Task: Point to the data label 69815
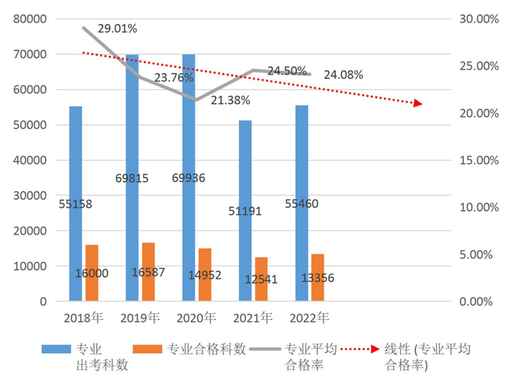pyautogui.click(x=137, y=178)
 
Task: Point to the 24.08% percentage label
pyautogui.click(x=344, y=74)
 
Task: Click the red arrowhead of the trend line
pyautogui.click(x=418, y=103)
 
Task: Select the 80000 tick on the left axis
pyautogui.click(x=31, y=19)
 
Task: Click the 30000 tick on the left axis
pyautogui.click(x=31, y=195)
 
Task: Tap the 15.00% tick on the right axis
pyautogui.click(x=481, y=160)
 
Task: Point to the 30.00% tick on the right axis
pyautogui.click(x=481, y=19)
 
